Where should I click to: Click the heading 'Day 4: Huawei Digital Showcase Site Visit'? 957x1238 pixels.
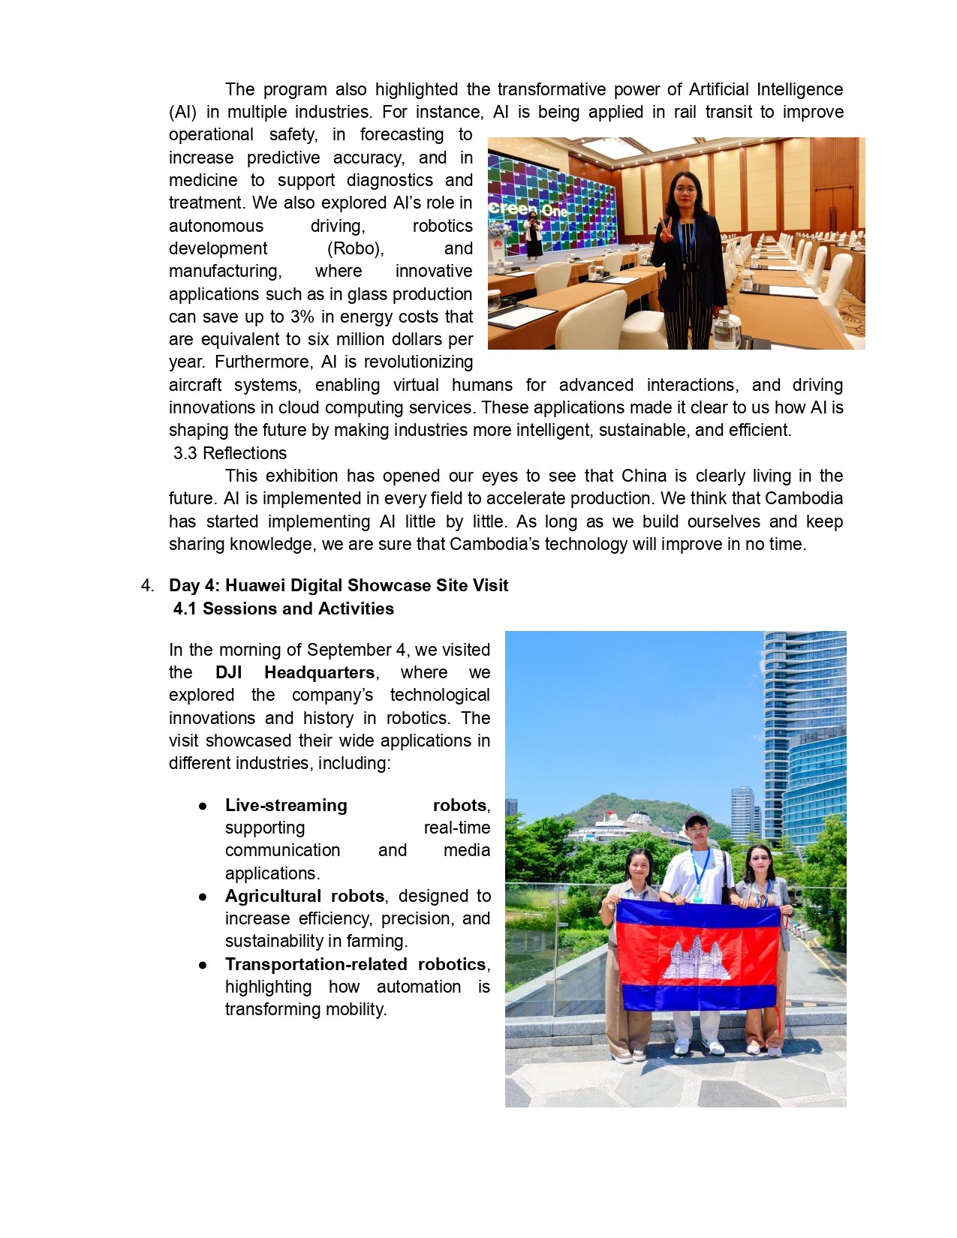pyautogui.click(x=339, y=585)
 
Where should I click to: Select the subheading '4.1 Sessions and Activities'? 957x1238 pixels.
pyautogui.click(x=283, y=608)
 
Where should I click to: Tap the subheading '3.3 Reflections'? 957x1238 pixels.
pyautogui.click(x=230, y=453)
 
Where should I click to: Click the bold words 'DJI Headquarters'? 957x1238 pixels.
pyautogui.click(x=294, y=672)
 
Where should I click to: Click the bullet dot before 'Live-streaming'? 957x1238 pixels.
pyautogui.click(x=203, y=806)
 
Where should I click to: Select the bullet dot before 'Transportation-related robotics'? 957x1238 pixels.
pyautogui.click(x=203, y=965)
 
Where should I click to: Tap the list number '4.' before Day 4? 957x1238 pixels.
pyautogui.click(x=147, y=585)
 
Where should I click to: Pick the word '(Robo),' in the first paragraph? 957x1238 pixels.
pyautogui.click(x=355, y=248)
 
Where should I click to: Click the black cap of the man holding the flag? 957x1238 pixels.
pyautogui.click(x=696, y=819)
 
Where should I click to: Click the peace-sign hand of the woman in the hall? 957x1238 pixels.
pyautogui.click(x=664, y=230)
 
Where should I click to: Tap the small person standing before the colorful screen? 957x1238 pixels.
pyautogui.click(x=533, y=234)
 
